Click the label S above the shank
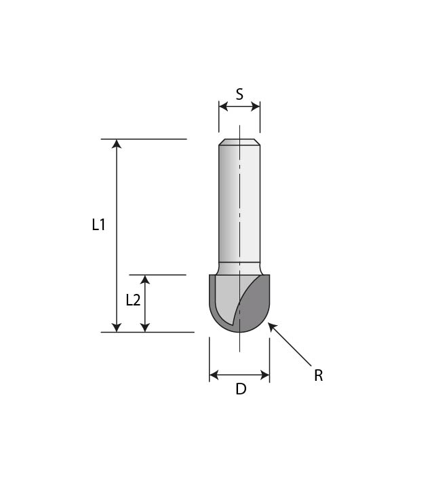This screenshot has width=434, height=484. click(239, 94)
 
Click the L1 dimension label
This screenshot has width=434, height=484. click(99, 225)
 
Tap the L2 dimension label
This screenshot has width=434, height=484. click(133, 300)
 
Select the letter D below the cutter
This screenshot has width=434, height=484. click(240, 390)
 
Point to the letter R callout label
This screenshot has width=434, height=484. click(318, 375)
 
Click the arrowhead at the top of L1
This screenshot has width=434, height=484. click(117, 144)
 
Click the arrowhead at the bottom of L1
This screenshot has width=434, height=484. click(117, 327)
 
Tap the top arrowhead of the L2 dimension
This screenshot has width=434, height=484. click(144, 280)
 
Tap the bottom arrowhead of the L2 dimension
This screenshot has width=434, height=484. click(144, 327)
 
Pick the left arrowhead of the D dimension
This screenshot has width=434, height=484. click(214, 375)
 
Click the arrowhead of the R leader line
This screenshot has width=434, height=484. click(272, 327)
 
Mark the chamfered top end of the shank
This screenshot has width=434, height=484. click(239, 142)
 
